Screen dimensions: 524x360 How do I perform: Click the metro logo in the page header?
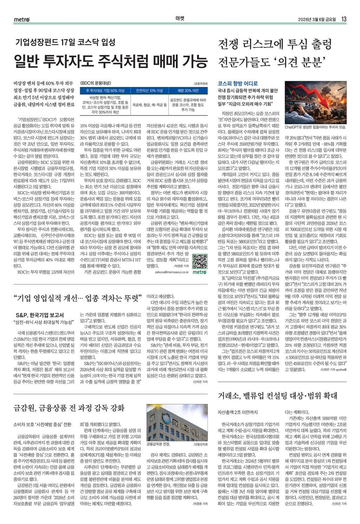(22, 19)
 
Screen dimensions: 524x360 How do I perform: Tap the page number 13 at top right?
(344, 19)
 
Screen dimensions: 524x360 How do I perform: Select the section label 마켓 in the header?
(180, 19)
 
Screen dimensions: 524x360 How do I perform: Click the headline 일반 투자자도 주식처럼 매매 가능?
(110, 61)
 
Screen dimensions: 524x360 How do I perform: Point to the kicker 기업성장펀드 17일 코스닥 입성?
(65, 43)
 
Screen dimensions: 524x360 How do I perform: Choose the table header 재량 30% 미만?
(188, 91)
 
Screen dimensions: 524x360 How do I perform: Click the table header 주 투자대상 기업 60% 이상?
(105, 91)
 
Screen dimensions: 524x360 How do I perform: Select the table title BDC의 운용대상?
(96, 83)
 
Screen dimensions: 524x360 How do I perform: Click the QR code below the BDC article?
(199, 261)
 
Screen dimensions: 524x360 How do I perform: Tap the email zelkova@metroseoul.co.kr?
(172, 272)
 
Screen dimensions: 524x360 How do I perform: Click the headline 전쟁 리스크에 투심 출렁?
(275, 44)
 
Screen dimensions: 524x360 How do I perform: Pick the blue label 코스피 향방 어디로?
(238, 83)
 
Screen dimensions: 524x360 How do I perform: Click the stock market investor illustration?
(315, 102)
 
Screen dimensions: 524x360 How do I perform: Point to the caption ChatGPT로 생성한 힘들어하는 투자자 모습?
(315, 127)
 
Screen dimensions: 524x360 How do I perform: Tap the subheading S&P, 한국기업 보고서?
(40, 315)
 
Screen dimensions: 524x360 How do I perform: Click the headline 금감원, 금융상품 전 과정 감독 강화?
(69, 408)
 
